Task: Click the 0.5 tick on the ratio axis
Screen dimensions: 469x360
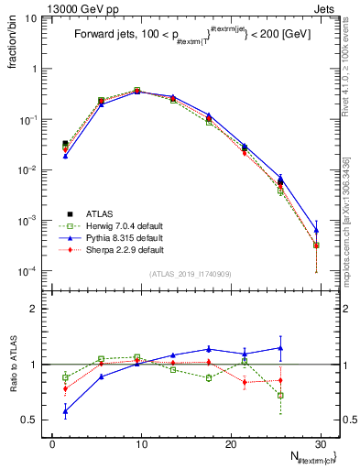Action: (x=27, y=420)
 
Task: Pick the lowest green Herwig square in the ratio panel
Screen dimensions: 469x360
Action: (x=280, y=396)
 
